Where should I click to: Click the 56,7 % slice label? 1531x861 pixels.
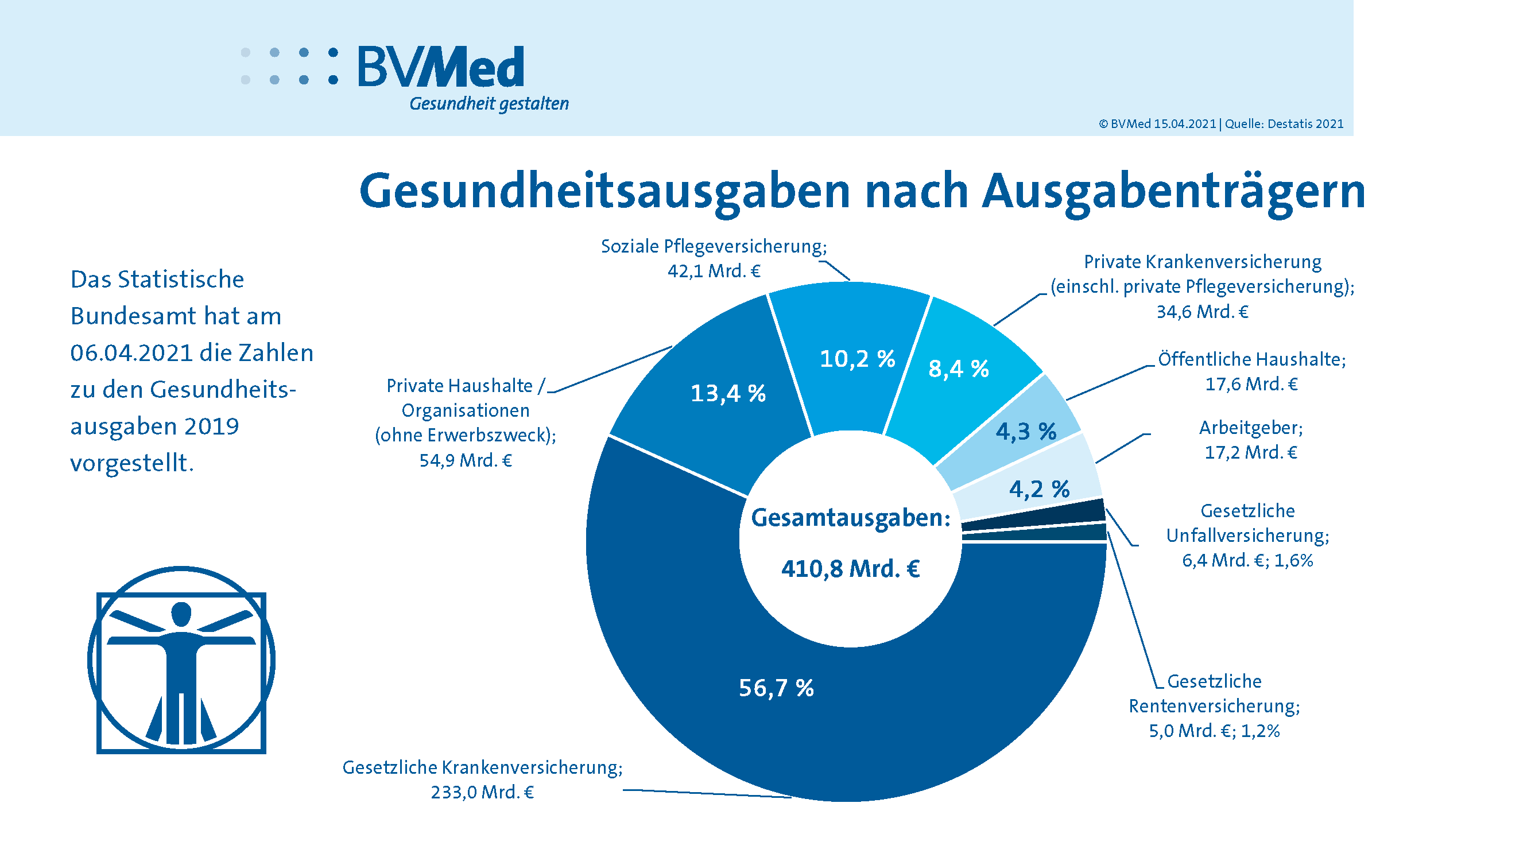click(x=776, y=688)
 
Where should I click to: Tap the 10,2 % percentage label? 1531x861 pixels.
click(x=857, y=358)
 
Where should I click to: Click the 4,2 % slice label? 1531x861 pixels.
click(x=1039, y=489)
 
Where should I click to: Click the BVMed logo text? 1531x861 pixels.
click(x=440, y=67)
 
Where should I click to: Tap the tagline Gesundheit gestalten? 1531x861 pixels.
click(x=489, y=104)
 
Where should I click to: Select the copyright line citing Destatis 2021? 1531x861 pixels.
click(x=1221, y=123)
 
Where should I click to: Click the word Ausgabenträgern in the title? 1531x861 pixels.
click(x=1173, y=191)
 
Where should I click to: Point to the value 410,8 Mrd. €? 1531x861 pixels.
click(x=851, y=569)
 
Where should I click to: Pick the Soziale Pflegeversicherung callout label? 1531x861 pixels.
click(x=713, y=246)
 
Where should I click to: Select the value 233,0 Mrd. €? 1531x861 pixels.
click(x=482, y=792)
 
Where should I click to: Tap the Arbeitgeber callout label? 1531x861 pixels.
click(x=1250, y=428)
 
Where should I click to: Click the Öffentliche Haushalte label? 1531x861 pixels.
click(x=1251, y=359)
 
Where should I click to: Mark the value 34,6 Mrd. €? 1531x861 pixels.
click(x=1202, y=311)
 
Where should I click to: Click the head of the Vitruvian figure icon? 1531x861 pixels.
click(x=181, y=614)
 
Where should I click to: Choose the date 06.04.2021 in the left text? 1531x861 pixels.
click(x=131, y=353)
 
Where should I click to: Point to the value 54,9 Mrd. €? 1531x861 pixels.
click(x=466, y=460)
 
